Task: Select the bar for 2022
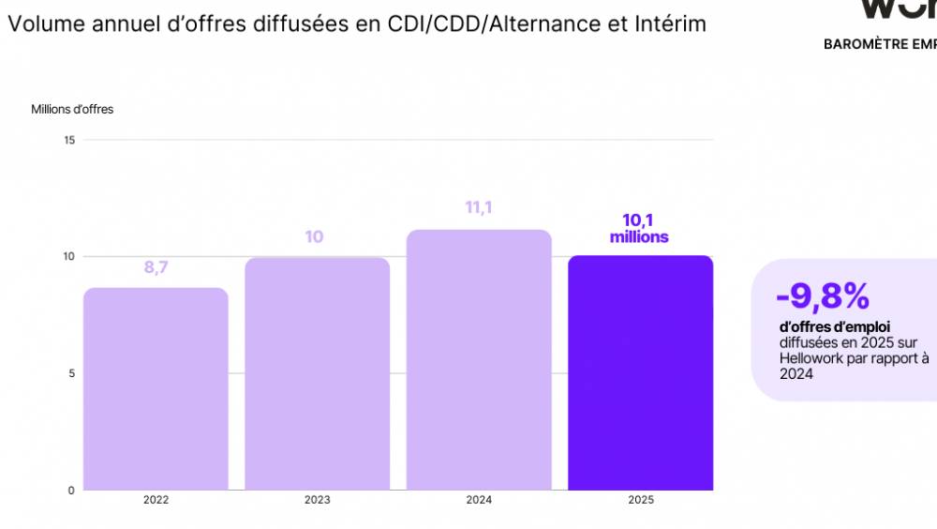pyautogui.click(x=156, y=388)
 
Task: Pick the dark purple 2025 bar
pyautogui.click(x=640, y=372)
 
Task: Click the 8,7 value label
pyautogui.click(x=156, y=268)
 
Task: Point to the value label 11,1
pyautogui.click(x=479, y=207)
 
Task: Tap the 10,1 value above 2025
pyautogui.click(x=639, y=220)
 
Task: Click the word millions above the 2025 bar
pyautogui.click(x=639, y=237)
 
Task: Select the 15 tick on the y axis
pyautogui.click(x=69, y=140)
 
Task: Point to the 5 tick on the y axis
pyautogui.click(x=72, y=373)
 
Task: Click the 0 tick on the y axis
pyautogui.click(x=72, y=490)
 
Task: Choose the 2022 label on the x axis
pyautogui.click(x=156, y=500)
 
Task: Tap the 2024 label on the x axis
pyautogui.click(x=479, y=500)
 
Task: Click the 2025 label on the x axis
pyautogui.click(x=641, y=500)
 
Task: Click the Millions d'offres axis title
pyautogui.click(x=72, y=110)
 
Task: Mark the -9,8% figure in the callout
pyautogui.click(x=823, y=296)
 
